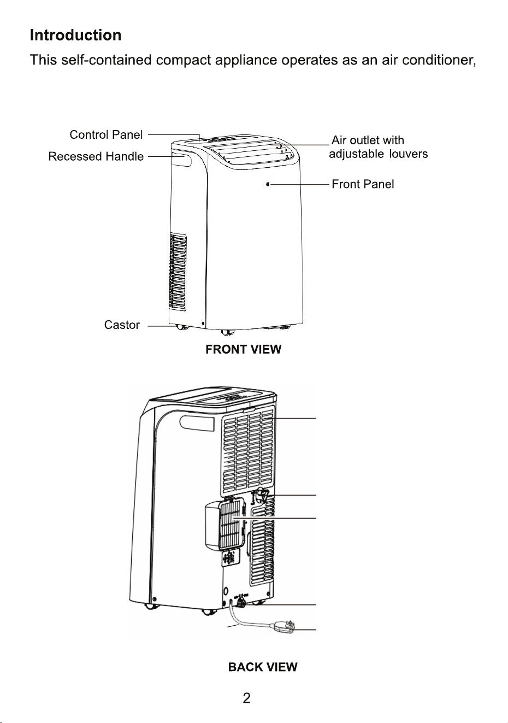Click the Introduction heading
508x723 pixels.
point(75,35)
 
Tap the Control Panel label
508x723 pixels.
point(106,134)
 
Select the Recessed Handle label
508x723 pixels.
point(96,156)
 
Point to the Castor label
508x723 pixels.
point(122,325)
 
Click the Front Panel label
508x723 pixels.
point(363,184)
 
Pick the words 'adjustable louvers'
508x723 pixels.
point(379,154)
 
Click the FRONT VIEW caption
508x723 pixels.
point(243,349)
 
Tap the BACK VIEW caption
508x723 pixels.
point(263,667)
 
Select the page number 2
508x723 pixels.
point(246,698)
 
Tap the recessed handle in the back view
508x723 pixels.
point(197,424)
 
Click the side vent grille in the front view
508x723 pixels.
point(178,272)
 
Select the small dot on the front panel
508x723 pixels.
point(268,184)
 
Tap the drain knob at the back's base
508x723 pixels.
point(241,603)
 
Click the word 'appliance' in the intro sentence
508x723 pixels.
point(246,60)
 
